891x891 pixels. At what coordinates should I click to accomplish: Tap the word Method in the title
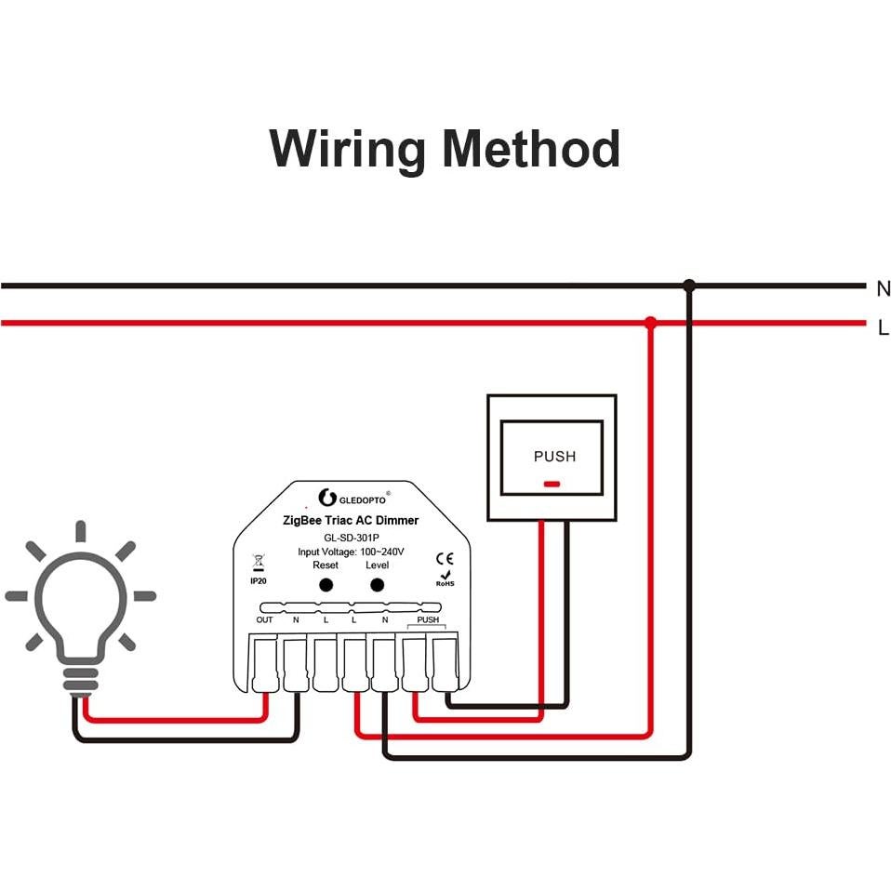[x=531, y=149]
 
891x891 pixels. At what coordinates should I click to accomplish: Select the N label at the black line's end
[x=883, y=288]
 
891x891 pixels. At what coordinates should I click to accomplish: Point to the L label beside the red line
[x=883, y=327]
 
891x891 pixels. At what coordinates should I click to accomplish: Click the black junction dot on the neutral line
[x=688, y=286]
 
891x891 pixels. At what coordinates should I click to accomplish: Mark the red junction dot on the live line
[x=650, y=323]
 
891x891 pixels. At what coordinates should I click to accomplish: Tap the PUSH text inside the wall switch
[x=554, y=457]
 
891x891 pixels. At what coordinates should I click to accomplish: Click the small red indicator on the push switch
[x=552, y=484]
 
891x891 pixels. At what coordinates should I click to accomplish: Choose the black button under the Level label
[x=377, y=585]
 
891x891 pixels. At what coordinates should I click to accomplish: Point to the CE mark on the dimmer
[x=445, y=558]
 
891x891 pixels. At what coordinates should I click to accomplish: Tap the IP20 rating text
[x=259, y=579]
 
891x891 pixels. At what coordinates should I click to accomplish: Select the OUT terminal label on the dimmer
[x=264, y=619]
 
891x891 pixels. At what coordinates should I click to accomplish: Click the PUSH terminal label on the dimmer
[x=428, y=619]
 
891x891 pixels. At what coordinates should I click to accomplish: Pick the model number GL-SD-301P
[x=350, y=537]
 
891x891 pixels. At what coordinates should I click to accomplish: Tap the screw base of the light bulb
[x=80, y=679]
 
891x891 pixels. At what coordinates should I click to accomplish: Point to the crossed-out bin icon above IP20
[x=259, y=562]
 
